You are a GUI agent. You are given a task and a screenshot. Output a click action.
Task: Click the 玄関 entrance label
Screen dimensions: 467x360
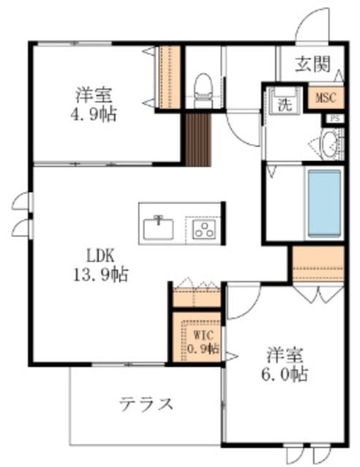[x=313, y=63]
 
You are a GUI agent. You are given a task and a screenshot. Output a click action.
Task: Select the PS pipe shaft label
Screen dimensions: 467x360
[x=336, y=117]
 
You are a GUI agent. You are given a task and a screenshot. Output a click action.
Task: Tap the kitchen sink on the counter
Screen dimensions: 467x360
[x=158, y=228]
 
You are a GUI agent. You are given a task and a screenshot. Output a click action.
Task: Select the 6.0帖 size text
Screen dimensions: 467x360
[x=286, y=375]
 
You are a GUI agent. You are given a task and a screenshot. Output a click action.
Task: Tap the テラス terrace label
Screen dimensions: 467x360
[x=146, y=404]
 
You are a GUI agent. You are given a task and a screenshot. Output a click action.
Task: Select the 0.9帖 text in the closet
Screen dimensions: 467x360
[x=202, y=348]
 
